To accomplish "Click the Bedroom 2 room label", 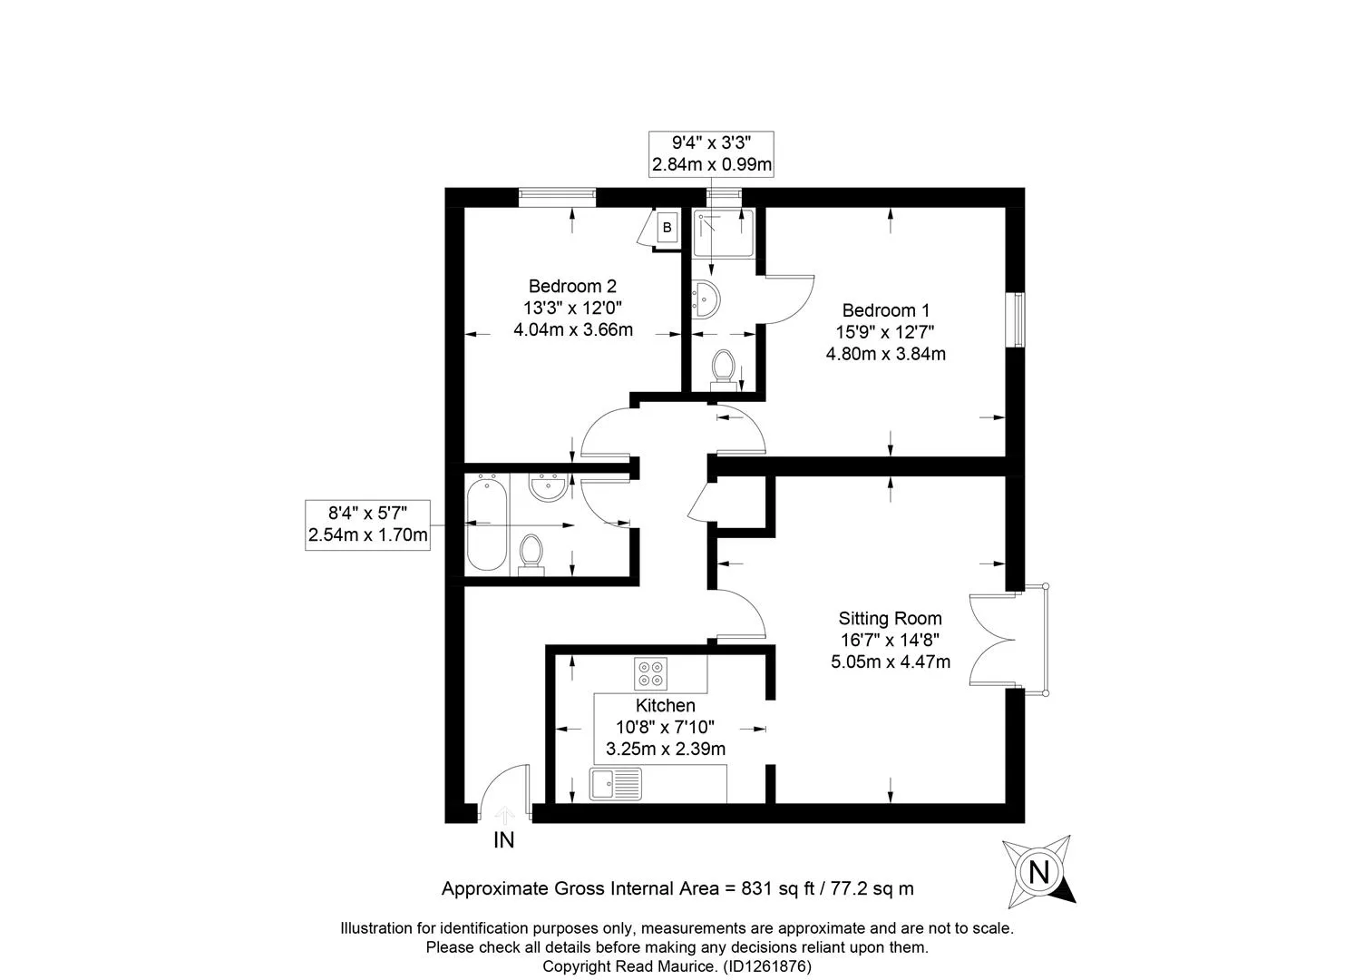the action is coord(572,286).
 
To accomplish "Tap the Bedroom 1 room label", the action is coord(885,310).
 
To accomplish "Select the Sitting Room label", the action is coord(890,618).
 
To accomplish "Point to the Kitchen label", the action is coord(665,705).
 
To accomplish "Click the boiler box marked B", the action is coord(667,228).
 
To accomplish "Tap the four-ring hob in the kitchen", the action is coord(650,673).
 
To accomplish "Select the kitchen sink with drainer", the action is coord(616,784).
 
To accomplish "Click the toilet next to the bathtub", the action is coord(531,554).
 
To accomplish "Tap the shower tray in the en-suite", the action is coord(724,233).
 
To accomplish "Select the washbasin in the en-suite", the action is coord(706,299).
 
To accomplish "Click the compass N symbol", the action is coord(1038,872).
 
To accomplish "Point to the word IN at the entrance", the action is coord(503,840).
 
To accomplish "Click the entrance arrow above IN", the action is coord(504,815).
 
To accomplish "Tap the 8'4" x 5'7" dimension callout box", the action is coord(367,524).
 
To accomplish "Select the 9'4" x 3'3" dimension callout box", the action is coord(711,153).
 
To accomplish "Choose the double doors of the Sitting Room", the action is coord(992,639).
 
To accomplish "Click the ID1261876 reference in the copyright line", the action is coord(767,966).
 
